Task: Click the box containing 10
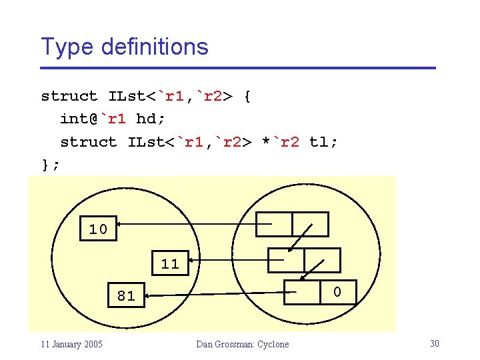[98, 229]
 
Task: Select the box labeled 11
[170, 263]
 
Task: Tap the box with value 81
[126, 295]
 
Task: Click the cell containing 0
[337, 292]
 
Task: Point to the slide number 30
[434, 343]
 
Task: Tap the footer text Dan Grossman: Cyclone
[243, 344]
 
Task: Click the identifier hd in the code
[145, 119]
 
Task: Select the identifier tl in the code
[319, 142]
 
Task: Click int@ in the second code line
[79, 119]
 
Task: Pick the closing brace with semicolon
[50, 165]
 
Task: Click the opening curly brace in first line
[247, 96]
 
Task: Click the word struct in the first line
[69, 96]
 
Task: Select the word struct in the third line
[88, 142]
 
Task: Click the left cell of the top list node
[275, 224]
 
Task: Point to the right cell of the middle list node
[322, 260]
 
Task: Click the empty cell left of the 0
[301, 292]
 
